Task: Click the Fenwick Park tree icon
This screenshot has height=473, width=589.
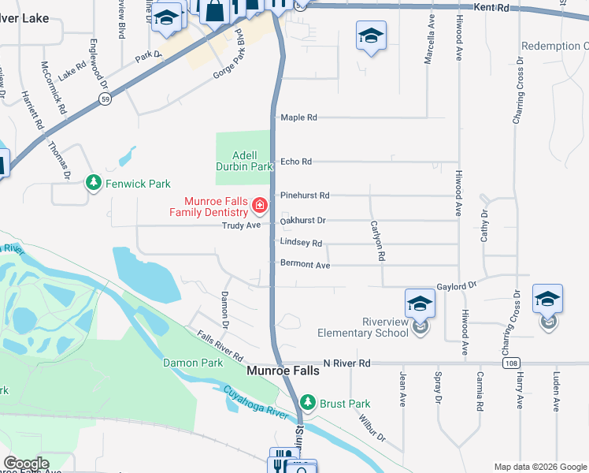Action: coord(94,184)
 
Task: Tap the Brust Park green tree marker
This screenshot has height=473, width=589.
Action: coord(309,404)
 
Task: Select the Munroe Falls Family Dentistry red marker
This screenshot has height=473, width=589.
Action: coord(259,207)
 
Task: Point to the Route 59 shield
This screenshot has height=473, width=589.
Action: coord(105,99)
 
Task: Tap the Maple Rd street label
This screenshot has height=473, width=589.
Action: coord(298,117)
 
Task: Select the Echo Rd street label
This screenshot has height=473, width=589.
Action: coord(296,162)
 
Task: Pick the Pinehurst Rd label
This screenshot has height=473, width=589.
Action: coord(305,195)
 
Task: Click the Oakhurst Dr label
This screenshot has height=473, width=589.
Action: coord(303,221)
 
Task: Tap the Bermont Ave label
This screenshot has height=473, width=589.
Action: coord(305,265)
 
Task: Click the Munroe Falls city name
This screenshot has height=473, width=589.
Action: coord(283,371)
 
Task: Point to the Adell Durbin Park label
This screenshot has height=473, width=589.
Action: coord(244,161)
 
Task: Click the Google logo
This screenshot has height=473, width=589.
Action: coord(26,464)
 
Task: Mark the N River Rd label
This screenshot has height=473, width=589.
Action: coord(342,363)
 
